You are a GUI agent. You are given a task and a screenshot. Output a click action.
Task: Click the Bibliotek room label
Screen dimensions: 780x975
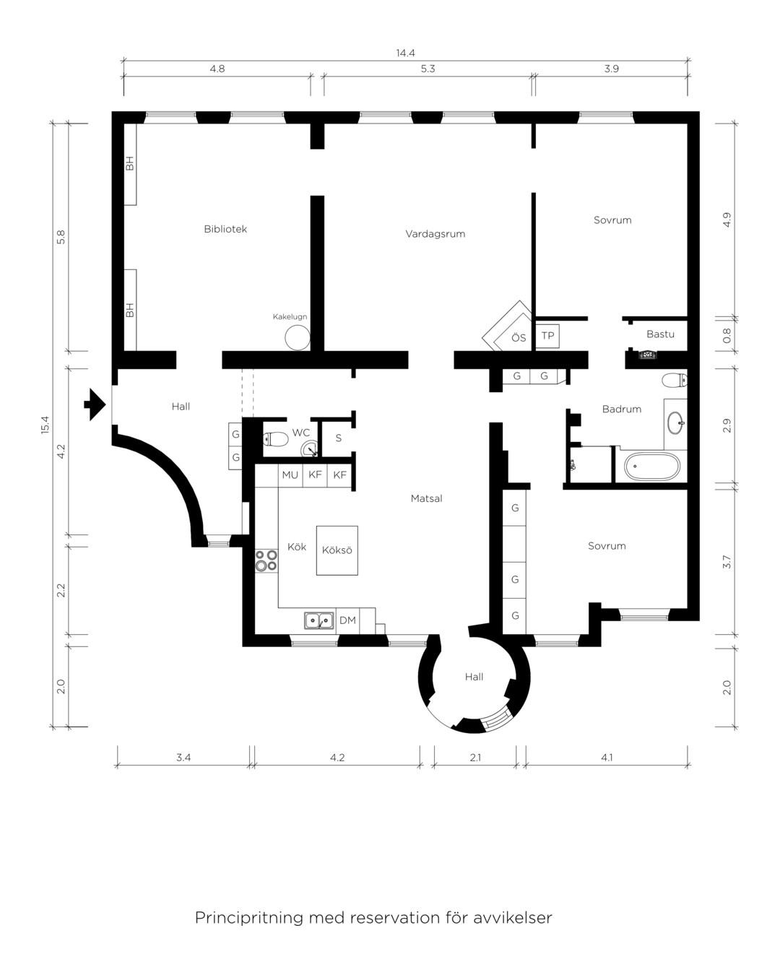[x=225, y=229]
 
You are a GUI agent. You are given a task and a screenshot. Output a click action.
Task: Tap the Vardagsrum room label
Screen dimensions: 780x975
[x=435, y=234]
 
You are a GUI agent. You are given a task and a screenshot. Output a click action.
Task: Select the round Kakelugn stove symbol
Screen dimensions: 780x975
[x=298, y=337]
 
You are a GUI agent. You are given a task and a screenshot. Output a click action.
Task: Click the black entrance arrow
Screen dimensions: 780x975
[x=95, y=404]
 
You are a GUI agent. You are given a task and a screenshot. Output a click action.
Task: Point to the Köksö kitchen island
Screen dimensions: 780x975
[x=337, y=550]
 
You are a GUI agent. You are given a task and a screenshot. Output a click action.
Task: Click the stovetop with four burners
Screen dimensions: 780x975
[x=266, y=560]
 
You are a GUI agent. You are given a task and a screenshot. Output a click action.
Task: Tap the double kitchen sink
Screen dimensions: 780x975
[x=319, y=620]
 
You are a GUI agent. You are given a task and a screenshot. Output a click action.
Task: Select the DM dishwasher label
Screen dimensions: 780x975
[x=347, y=620]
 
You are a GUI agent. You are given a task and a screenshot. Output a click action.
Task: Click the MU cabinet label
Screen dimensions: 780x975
[x=290, y=474]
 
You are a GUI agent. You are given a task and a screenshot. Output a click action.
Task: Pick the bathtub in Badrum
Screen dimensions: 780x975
[x=652, y=467]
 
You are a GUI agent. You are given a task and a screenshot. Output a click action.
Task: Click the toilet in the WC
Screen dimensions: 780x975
[x=276, y=438]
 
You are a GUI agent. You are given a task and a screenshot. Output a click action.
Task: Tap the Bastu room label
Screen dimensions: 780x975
[x=660, y=334]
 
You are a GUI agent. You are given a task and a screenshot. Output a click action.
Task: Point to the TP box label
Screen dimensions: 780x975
[x=548, y=336]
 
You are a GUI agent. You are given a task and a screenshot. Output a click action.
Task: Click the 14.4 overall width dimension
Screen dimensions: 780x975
[x=405, y=53]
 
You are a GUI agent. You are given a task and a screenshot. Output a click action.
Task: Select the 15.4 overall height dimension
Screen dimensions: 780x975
[x=45, y=425]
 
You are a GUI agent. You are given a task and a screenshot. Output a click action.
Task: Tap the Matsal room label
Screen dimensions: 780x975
[x=427, y=498]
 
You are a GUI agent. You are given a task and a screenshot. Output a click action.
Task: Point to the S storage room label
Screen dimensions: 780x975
[x=339, y=438]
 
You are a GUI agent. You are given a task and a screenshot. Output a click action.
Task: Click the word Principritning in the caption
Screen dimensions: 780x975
[x=249, y=917]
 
